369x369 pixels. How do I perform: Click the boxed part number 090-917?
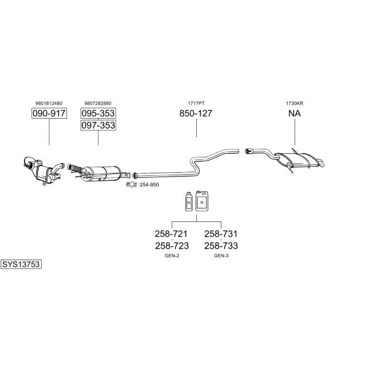click(49, 113)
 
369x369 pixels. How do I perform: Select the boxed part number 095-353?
click(98, 113)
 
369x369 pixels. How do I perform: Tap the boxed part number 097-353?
click(98, 125)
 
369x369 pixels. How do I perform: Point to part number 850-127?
click(196, 113)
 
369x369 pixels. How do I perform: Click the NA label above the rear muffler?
click(295, 113)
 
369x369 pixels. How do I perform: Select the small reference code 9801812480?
click(49, 103)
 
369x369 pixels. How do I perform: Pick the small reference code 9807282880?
click(98, 103)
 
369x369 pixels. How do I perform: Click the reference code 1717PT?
click(196, 103)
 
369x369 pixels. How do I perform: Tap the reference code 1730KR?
click(295, 103)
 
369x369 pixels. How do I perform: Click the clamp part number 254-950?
click(149, 184)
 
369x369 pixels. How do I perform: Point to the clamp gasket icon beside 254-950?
click(132, 184)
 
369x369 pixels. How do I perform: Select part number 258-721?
click(171, 234)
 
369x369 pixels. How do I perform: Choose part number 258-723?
click(172, 245)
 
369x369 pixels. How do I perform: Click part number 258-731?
click(221, 234)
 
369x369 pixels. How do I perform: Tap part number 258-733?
click(221, 245)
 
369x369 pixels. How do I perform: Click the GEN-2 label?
click(172, 256)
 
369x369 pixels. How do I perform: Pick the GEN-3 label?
click(221, 256)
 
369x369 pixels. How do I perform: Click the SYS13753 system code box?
click(21, 264)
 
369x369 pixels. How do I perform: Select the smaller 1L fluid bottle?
click(189, 202)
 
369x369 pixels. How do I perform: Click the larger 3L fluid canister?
click(202, 200)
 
